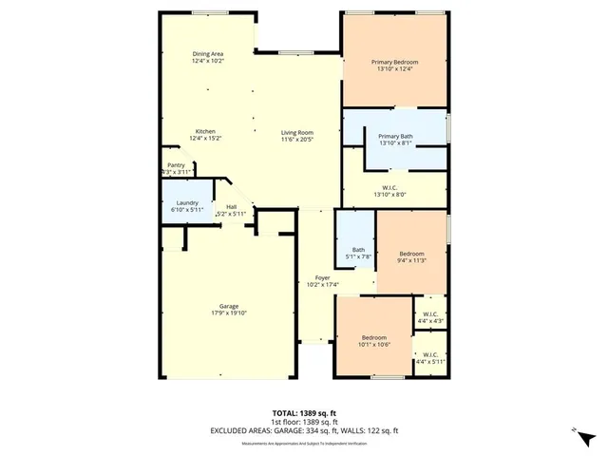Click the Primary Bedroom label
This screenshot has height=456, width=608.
coord(394,63)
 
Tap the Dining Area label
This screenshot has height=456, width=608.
coord(207,54)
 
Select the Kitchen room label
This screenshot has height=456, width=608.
coord(205,131)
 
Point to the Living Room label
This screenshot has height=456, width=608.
coord(296,132)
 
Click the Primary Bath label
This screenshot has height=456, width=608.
coord(394,137)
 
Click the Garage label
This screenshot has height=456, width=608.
coord(229,306)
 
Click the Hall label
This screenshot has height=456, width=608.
coord(231,206)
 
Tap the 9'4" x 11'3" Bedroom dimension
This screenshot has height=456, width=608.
coord(411,260)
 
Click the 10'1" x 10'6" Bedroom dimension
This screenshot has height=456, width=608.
coord(373,345)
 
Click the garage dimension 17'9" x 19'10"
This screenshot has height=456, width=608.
coord(229,313)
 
